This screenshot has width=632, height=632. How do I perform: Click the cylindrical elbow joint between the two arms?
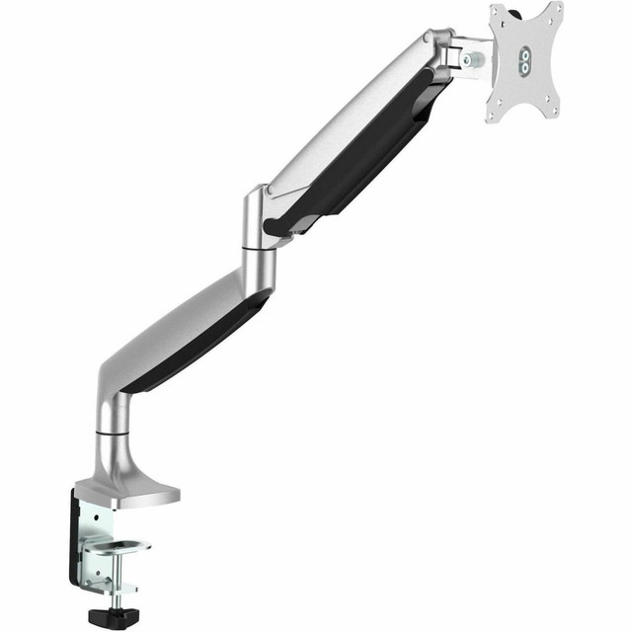[x=259, y=222]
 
